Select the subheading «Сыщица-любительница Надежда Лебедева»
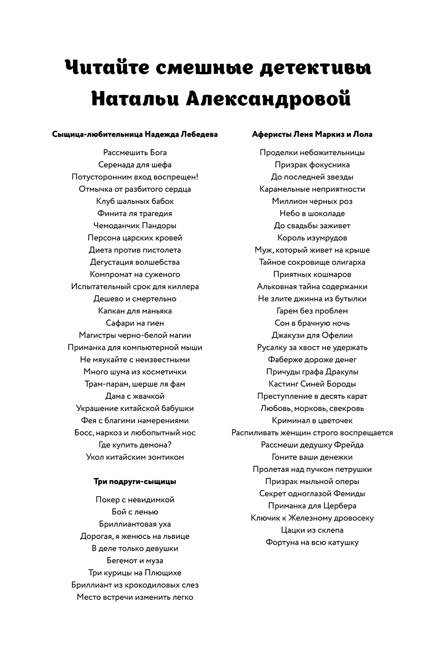tap(135, 135)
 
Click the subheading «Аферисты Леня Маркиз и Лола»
tap(312, 135)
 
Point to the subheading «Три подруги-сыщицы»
tap(135, 482)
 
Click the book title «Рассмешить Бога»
tap(135, 153)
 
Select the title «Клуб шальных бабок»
tap(135, 201)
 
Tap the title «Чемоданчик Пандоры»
tap(135, 226)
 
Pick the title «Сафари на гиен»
tap(135, 323)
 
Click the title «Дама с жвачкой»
tap(135, 396)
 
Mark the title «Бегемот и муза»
tap(135, 561)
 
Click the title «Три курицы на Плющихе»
tap(135, 573)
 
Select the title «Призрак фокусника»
tap(312, 165)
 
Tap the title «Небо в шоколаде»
tap(312, 214)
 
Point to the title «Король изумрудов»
tap(312, 238)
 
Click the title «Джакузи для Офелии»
tap(312, 335)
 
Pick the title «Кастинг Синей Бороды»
tap(312, 384)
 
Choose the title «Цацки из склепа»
tap(312, 530)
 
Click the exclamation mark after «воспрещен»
tap(197, 177)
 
